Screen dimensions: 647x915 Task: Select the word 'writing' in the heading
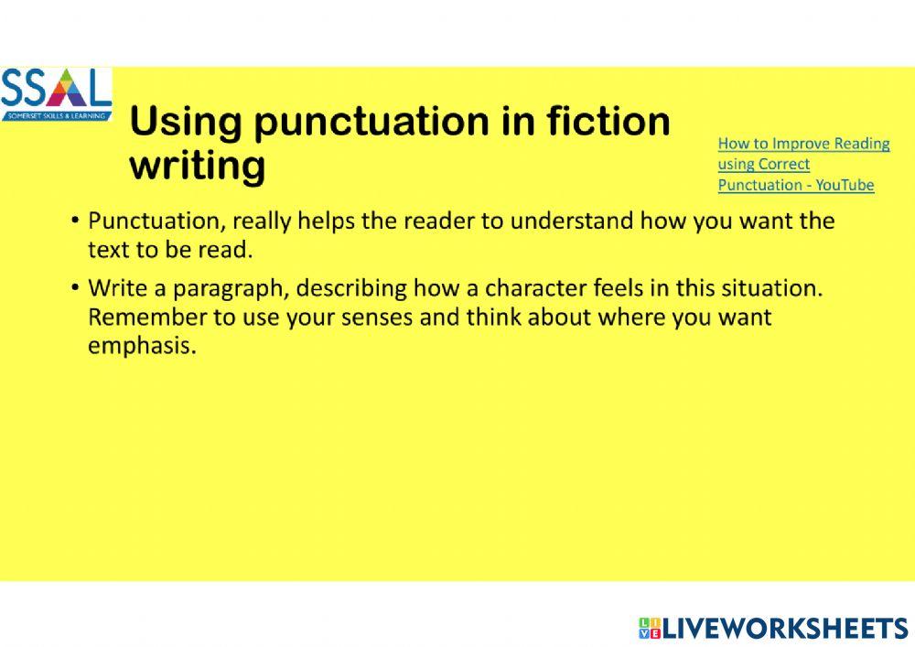click(x=198, y=167)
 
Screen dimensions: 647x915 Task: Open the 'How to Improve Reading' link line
click(x=803, y=144)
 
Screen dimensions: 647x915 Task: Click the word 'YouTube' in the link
click(x=845, y=185)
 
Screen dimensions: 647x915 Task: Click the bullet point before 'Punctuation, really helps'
click(x=74, y=221)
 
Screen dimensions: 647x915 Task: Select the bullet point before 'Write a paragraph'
click(x=74, y=288)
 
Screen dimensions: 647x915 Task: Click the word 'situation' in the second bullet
click(x=778, y=288)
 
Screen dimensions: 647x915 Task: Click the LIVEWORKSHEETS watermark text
click(x=785, y=629)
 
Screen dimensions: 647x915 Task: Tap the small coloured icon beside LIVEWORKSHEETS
click(x=649, y=629)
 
